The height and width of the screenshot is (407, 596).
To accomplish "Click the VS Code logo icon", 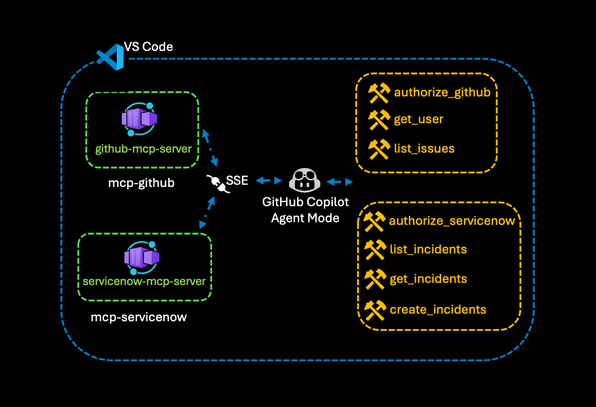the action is [x=110, y=57].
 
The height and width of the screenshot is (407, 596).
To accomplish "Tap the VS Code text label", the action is [x=149, y=47].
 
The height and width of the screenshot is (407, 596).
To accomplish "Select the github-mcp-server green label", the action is [x=143, y=149].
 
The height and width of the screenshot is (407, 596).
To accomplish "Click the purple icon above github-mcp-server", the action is [x=139, y=119].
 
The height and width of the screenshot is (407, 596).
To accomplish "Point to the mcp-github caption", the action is [x=141, y=183].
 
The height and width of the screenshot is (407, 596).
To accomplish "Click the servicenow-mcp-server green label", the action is [x=144, y=282].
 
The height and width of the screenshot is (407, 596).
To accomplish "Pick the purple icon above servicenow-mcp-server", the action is [x=141, y=258].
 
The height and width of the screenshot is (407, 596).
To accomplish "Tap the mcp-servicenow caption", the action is [x=139, y=317].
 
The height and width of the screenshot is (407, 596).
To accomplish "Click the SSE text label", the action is [x=237, y=180].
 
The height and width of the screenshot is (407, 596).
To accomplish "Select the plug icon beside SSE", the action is [x=218, y=184].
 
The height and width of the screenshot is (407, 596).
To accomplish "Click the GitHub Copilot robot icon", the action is [x=304, y=180].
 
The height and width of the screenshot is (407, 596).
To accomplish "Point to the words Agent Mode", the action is [x=305, y=218].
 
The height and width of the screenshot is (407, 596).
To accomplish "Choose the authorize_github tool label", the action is [x=442, y=93].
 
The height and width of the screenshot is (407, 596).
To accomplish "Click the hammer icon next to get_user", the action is [x=379, y=120].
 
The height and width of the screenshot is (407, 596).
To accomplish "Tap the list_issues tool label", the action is [x=424, y=149].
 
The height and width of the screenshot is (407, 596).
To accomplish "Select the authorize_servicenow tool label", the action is [x=452, y=221].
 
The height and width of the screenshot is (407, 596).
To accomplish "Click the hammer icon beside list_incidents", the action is [x=375, y=250].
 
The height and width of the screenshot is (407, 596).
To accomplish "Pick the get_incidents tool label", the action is [x=428, y=279].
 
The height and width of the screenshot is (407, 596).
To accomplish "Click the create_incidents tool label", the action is [x=438, y=310].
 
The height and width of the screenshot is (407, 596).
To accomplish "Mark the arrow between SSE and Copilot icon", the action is [x=269, y=181].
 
